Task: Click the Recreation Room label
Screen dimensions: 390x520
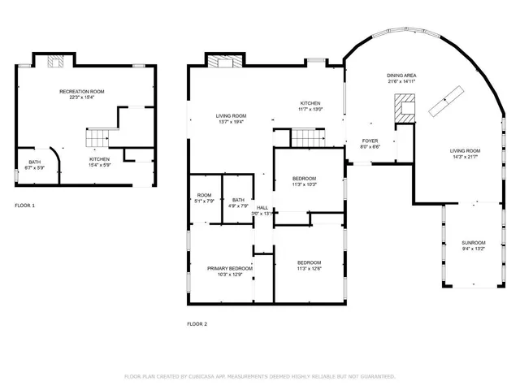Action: (x=81, y=91)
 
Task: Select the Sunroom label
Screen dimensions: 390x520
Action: (x=474, y=243)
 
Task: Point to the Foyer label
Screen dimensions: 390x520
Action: (x=370, y=141)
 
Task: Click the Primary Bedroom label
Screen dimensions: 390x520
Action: (x=229, y=268)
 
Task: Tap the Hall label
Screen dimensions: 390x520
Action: (x=262, y=208)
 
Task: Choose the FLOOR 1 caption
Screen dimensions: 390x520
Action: (x=25, y=206)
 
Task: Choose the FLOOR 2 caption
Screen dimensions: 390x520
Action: (x=197, y=324)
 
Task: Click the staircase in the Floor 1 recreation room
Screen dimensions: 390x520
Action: (x=97, y=136)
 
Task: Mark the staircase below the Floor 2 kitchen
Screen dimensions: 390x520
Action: (x=309, y=141)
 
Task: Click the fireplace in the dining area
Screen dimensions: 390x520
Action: (x=404, y=107)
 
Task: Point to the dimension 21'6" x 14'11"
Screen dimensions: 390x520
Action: (x=401, y=81)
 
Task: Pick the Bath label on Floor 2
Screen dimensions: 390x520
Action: (x=238, y=200)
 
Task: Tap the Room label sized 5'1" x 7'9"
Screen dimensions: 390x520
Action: (x=205, y=195)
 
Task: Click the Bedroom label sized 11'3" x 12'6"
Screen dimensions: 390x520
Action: (x=309, y=262)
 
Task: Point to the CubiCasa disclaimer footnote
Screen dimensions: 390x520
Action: (x=259, y=376)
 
